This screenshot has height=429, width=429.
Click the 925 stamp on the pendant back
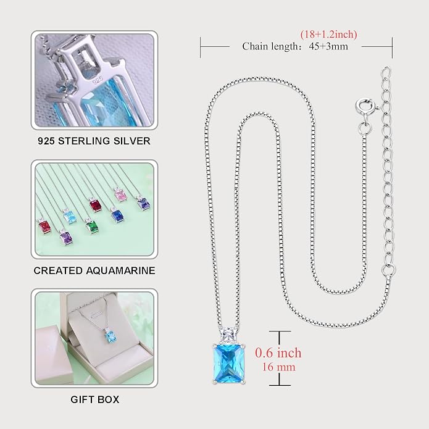tap(98, 80)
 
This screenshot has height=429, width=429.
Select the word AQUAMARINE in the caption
tap(120, 270)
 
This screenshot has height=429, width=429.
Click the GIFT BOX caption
tap(95, 399)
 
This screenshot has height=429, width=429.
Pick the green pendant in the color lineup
tap(91, 227)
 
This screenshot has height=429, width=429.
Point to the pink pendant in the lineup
tap(120, 195)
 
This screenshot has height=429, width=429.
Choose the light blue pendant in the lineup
tap(70, 217)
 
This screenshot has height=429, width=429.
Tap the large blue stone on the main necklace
tap(228, 364)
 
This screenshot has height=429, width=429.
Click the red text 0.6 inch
tap(278, 353)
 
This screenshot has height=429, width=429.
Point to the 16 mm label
tap(279, 367)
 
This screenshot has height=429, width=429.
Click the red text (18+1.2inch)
tap(328, 35)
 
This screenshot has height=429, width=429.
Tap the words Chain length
tap(272, 46)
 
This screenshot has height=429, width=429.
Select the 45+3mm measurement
tap(328, 46)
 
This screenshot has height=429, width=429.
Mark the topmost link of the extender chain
tap(386, 73)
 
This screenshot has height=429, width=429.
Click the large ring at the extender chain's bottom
tap(388, 270)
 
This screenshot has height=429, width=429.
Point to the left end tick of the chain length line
tap(200, 48)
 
